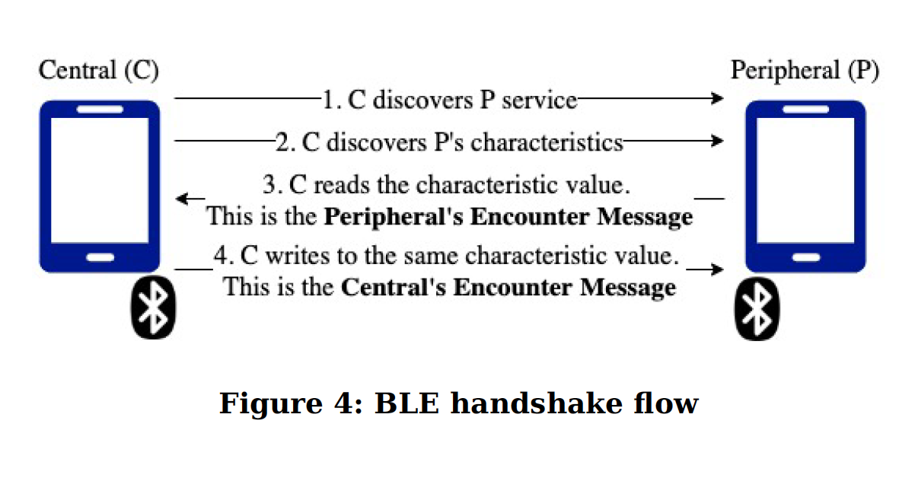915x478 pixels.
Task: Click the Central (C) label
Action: [x=98, y=70]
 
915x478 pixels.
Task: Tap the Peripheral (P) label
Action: [x=805, y=70]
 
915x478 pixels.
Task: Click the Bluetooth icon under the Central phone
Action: [x=153, y=308]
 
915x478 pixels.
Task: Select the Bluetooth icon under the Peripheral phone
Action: [x=757, y=309]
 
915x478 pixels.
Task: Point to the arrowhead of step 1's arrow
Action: [x=717, y=98]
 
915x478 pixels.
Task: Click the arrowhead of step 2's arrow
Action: [x=717, y=141]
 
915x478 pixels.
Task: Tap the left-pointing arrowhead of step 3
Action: [x=182, y=199]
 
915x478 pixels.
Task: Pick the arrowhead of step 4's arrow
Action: [x=717, y=269]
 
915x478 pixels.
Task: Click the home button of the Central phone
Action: [x=100, y=258]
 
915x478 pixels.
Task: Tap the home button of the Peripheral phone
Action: [x=806, y=258]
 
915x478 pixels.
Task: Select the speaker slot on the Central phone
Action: [x=100, y=110]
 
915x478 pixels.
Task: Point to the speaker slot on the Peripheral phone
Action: [x=805, y=110]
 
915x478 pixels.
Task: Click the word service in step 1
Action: [x=539, y=100]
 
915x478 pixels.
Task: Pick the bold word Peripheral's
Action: [x=394, y=217]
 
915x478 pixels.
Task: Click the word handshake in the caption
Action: [x=537, y=403]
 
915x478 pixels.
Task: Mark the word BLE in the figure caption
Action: [x=406, y=403]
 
